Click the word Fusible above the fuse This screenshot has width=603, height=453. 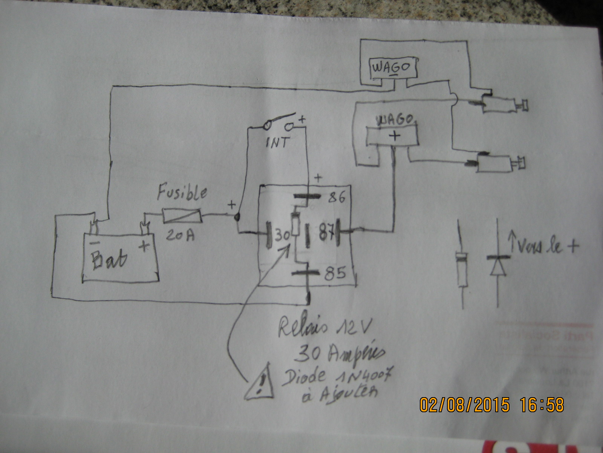point(182,193)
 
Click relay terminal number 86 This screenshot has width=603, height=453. point(336,197)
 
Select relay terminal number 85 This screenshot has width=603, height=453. point(335,273)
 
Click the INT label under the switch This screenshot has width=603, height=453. point(278,142)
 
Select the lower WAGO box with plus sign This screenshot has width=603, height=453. point(393,135)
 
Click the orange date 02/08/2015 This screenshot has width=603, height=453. point(464,405)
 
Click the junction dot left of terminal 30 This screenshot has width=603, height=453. point(237,217)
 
